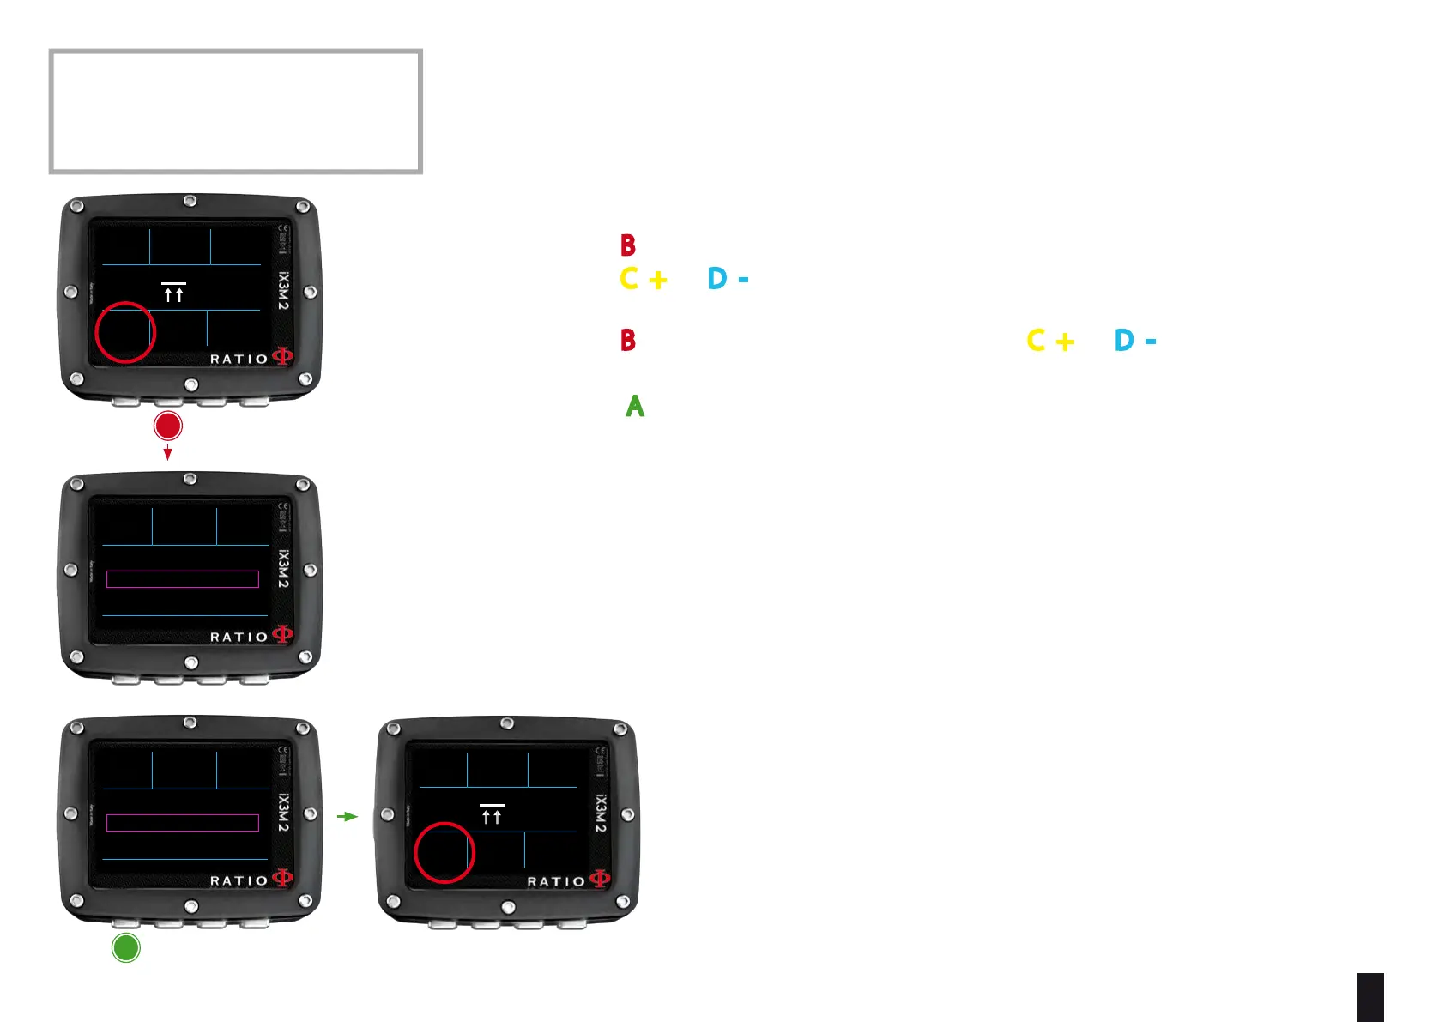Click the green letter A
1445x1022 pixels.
click(x=635, y=406)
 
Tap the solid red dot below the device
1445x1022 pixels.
click(x=168, y=426)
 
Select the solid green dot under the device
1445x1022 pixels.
click(x=126, y=947)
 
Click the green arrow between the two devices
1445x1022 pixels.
click(x=347, y=816)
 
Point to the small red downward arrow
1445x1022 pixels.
click(x=168, y=453)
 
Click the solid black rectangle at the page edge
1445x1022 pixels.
click(x=1369, y=997)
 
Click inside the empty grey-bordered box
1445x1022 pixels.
click(x=236, y=112)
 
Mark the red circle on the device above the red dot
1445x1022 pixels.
click(x=125, y=332)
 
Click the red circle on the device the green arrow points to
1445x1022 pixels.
click(x=444, y=852)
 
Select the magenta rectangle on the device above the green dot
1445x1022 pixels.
click(x=183, y=823)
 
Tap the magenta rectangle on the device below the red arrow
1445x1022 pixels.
click(x=183, y=579)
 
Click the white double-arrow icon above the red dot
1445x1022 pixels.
click(x=173, y=293)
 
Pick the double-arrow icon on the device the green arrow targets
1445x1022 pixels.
click(x=492, y=814)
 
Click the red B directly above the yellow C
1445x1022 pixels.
click(x=628, y=246)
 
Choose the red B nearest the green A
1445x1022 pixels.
click(x=628, y=341)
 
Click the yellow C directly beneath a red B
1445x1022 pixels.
click(x=630, y=279)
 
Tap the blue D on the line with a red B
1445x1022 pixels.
click(x=1124, y=341)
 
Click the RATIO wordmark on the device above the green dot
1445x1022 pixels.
click(x=239, y=881)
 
